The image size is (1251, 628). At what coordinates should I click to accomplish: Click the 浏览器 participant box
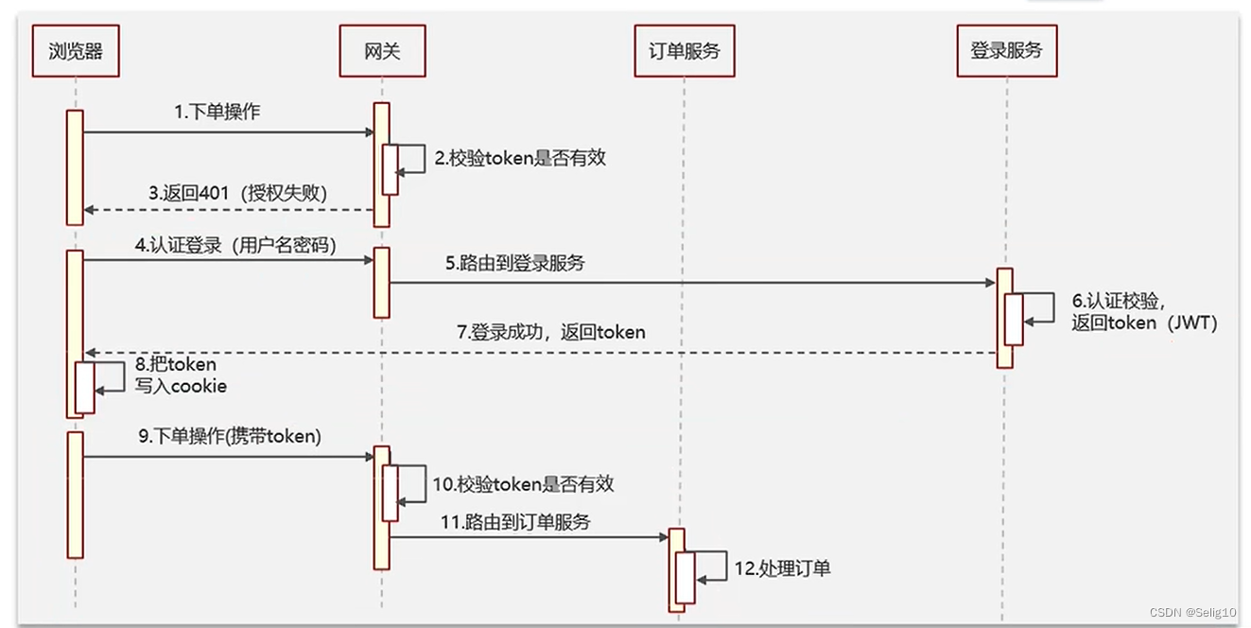[x=76, y=51]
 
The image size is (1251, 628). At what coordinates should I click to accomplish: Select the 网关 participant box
[x=383, y=51]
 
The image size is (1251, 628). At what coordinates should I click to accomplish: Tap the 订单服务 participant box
[x=685, y=51]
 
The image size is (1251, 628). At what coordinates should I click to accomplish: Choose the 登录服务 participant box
[x=1007, y=51]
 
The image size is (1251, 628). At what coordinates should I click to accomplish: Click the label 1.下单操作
[x=217, y=112]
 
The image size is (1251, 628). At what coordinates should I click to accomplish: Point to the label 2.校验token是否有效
[x=520, y=158]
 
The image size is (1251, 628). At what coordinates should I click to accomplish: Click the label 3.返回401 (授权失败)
[x=238, y=193]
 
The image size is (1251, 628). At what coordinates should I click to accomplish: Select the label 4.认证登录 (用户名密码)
[x=235, y=245]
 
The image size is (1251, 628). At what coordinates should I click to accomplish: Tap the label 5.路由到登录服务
[x=515, y=263]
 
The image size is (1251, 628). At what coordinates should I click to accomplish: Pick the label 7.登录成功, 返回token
[x=551, y=332]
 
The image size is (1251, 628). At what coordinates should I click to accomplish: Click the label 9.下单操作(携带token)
[x=230, y=436]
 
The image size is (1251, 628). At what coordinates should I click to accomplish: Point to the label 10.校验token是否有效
[x=523, y=484]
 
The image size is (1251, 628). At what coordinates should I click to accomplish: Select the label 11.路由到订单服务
[x=515, y=522]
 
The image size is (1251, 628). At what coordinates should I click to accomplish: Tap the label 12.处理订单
[x=782, y=568]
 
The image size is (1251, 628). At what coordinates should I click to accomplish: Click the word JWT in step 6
[x=1192, y=323]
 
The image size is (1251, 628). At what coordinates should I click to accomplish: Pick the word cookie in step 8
[x=199, y=386]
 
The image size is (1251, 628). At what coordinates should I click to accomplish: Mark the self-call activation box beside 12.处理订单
[x=686, y=578]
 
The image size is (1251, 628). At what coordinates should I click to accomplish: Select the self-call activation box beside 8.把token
[x=85, y=388]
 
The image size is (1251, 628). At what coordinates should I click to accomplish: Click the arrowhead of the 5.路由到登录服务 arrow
[x=991, y=283]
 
